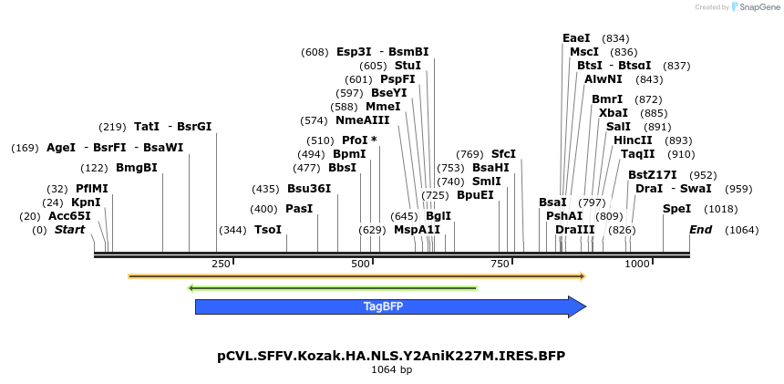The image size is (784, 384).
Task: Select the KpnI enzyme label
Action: [x=86, y=202]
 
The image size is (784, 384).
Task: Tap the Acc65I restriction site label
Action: [x=69, y=216]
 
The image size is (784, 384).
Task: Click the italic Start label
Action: [x=69, y=230]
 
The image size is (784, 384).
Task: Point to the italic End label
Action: [x=700, y=230]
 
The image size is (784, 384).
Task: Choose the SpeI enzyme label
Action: [x=676, y=209]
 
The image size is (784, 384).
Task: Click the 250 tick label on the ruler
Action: [x=221, y=264]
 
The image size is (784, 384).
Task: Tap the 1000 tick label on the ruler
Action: [x=637, y=264]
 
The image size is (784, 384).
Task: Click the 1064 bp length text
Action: [x=392, y=370]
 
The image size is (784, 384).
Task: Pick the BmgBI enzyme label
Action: [x=137, y=168]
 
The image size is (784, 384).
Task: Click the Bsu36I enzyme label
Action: [x=309, y=189]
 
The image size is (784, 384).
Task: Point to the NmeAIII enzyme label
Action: [x=362, y=120]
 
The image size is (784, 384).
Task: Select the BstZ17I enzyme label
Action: [x=653, y=175]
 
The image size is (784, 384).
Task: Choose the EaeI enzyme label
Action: [x=576, y=38]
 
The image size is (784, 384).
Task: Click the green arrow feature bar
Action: [x=332, y=288]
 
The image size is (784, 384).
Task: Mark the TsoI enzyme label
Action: [x=268, y=230]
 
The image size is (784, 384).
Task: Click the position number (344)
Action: [x=233, y=230]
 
